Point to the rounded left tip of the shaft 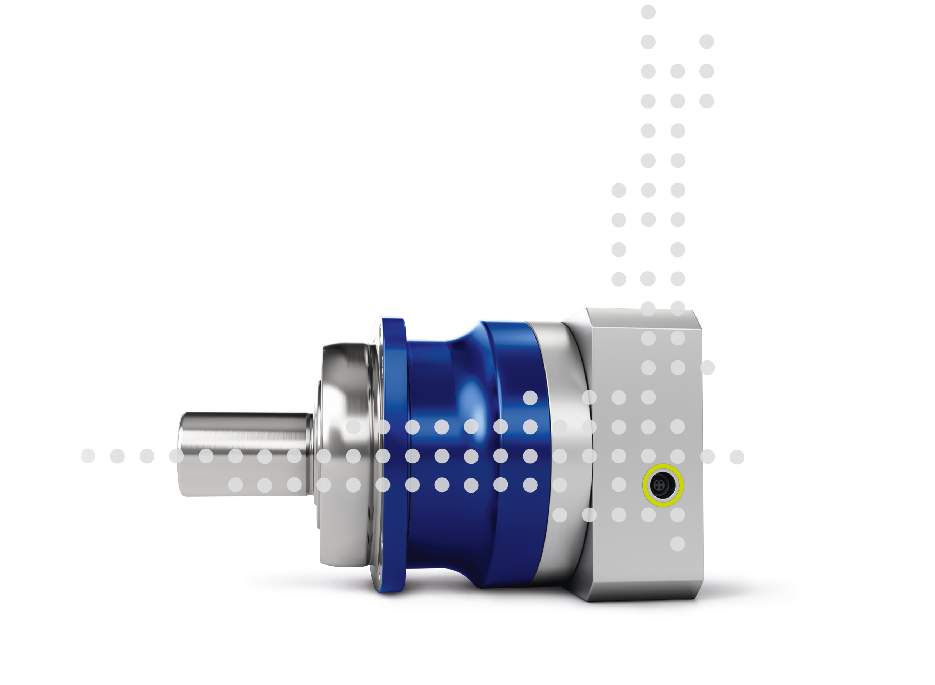[x=181, y=454]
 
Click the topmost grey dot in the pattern [x=648, y=12]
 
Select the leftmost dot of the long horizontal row [x=88, y=456]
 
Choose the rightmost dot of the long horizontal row [x=737, y=457]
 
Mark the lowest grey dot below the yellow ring [x=678, y=544]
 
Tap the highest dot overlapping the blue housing [x=530, y=398]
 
